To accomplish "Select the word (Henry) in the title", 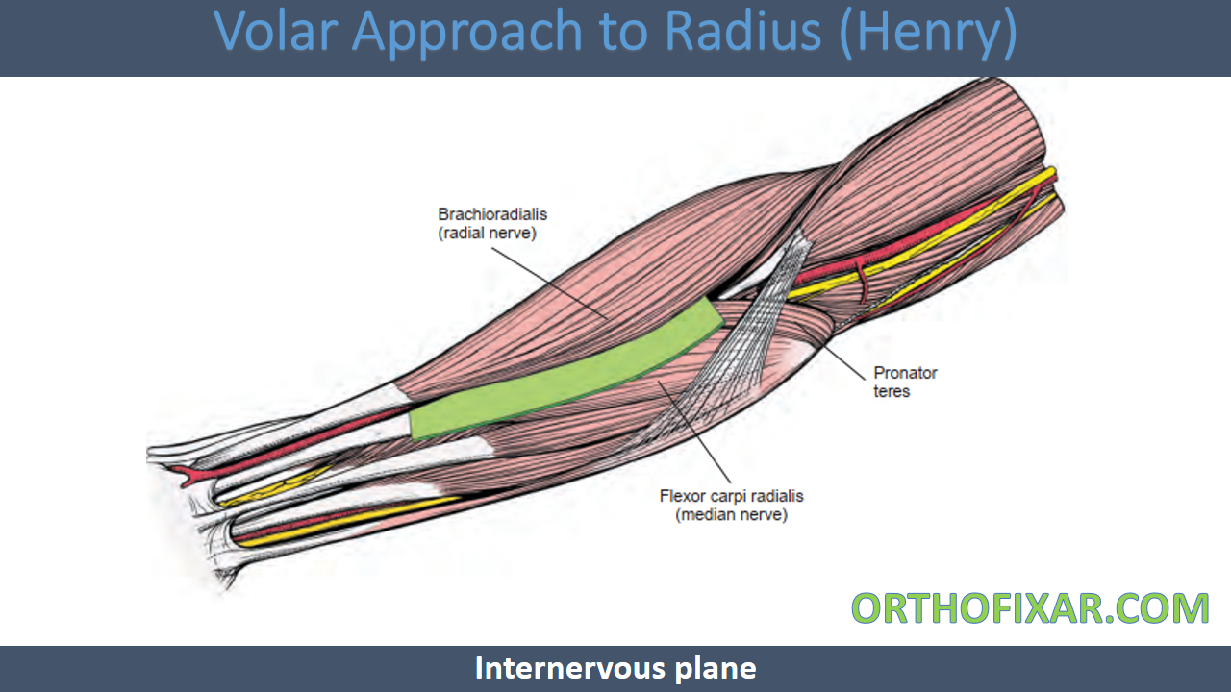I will (927, 34).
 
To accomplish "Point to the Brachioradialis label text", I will (492, 214).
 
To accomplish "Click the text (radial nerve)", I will (487, 234).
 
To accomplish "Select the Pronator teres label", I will (904, 382).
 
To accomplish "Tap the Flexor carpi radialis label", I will (731, 497).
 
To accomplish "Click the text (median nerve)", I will (731, 516).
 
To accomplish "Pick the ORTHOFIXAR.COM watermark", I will (1030, 608).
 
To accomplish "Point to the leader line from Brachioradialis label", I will (548, 281).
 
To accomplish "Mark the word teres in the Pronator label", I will (892, 391).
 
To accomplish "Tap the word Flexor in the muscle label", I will (682, 497).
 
